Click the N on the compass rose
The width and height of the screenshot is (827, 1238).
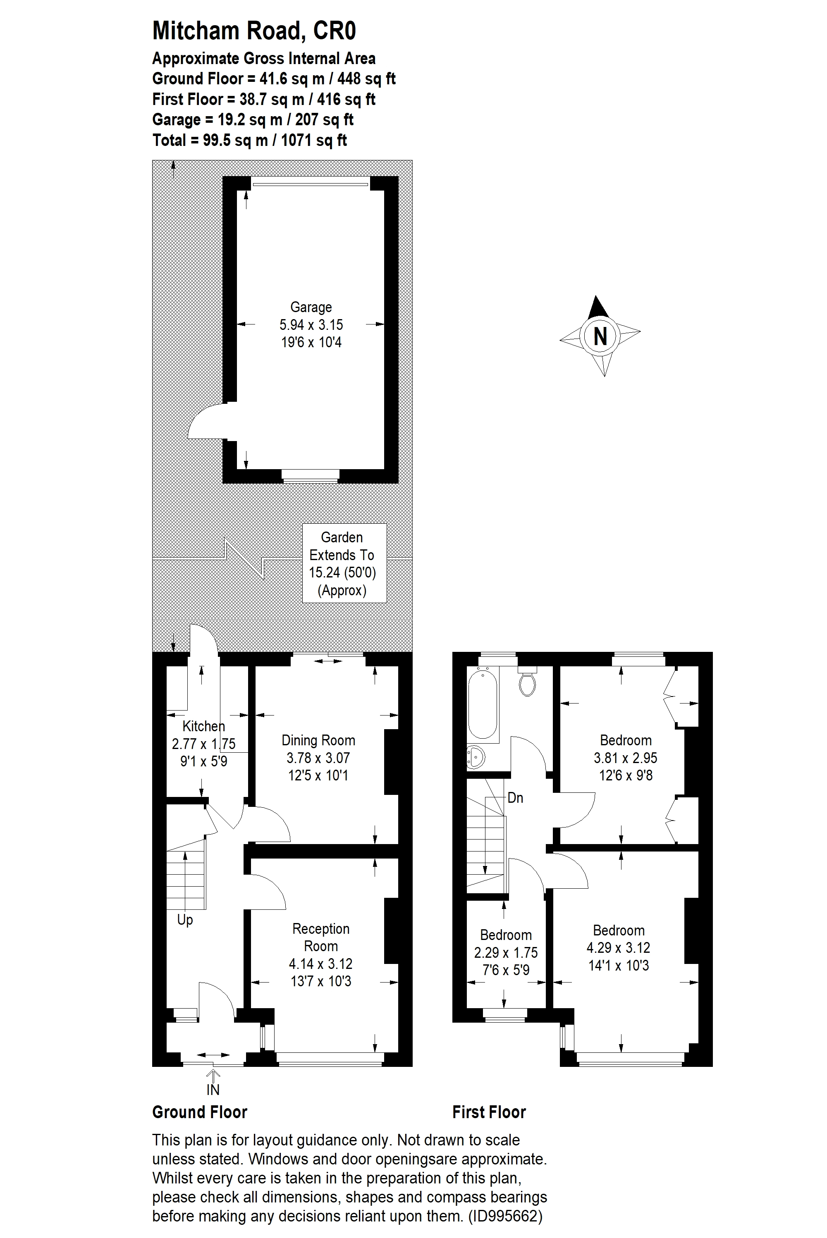(600, 336)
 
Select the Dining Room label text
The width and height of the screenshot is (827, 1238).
(318, 740)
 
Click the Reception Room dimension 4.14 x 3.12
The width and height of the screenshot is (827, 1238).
(321, 964)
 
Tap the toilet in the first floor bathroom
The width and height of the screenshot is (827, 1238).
(528, 681)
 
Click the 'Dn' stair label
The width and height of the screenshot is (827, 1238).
(515, 798)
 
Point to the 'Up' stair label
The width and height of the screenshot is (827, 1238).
(185, 921)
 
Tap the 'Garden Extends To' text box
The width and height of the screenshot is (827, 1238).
(344, 563)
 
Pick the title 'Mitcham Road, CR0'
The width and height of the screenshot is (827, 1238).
(254, 31)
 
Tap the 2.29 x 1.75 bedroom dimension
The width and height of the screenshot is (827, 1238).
(506, 952)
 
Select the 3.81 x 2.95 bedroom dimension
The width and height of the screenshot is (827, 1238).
(626, 758)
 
